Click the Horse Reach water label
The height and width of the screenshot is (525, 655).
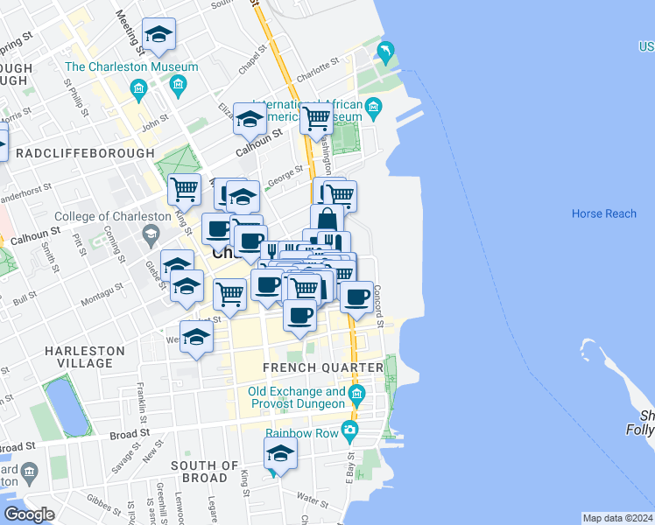coord(603,213)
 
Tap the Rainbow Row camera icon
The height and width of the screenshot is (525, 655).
coord(350,430)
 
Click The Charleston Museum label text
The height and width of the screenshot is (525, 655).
coord(123,66)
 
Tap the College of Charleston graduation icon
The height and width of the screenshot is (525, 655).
coord(151,234)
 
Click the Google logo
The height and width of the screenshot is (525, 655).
coord(29,514)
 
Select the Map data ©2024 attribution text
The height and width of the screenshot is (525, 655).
coord(617,518)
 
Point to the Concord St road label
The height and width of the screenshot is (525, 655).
coord(379,307)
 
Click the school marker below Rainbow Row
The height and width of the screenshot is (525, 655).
coord(280,453)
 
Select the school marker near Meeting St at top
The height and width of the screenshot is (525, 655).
coord(158,34)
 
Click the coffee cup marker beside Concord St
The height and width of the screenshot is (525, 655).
coord(356,297)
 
